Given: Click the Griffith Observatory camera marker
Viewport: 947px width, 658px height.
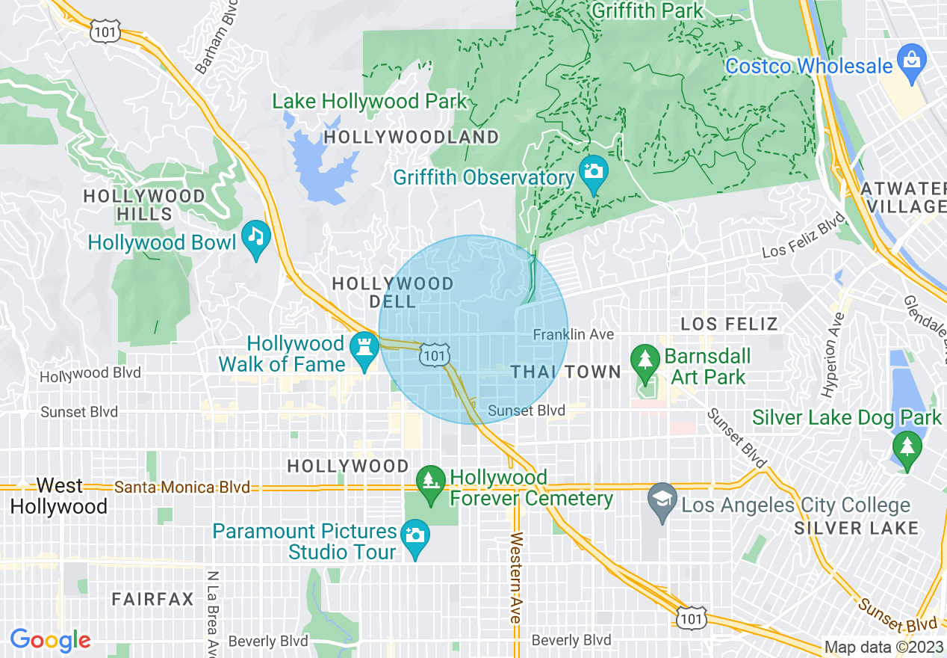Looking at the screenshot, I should point(594,171).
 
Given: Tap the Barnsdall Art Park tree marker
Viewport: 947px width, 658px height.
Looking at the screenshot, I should point(644,358).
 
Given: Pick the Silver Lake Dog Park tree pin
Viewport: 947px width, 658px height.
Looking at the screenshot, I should point(907,447).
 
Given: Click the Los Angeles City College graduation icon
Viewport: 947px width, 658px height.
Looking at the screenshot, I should point(662,498).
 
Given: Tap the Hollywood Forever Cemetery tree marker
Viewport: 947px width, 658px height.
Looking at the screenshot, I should point(429,481).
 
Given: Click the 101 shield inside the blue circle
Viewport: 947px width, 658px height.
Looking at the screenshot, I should point(434,354).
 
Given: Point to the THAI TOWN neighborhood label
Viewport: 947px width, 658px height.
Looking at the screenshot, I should point(566,372).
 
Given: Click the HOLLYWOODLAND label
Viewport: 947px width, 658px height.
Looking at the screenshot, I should point(412,137).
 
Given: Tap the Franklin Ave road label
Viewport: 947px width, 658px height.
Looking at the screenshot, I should point(574,334).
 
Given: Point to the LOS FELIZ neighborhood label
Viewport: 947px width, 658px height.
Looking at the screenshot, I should point(729,324).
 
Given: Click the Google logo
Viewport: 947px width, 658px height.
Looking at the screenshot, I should point(50,640).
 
